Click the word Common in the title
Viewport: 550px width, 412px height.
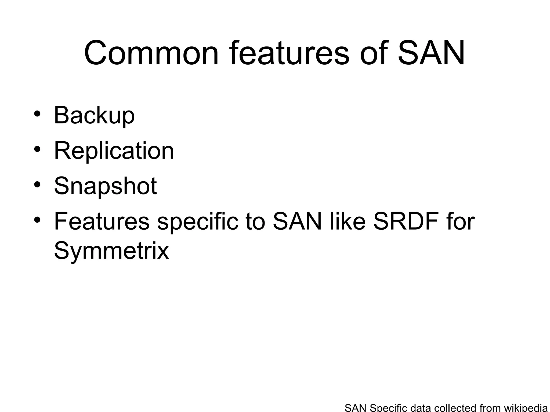(151, 53)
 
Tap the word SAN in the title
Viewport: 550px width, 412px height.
(431, 53)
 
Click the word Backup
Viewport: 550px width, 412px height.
(94, 116)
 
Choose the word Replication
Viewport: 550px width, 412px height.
(114, 151)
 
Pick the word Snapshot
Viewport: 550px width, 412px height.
(105, 186)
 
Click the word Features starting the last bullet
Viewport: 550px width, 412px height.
(102, 222)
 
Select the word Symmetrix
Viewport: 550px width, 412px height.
(111, 251)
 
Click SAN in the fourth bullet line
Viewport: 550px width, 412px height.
(297, 222)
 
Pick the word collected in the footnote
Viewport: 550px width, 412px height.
(455, 408)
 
